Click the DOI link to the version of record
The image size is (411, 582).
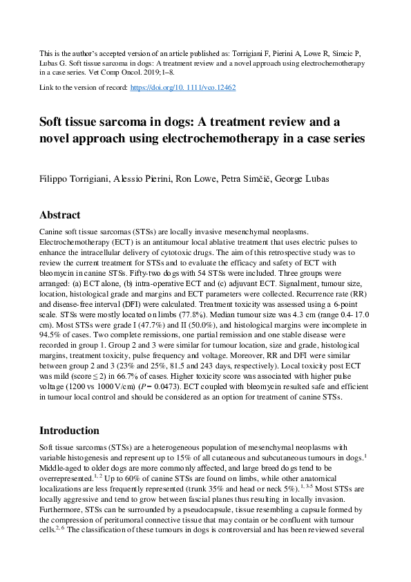tap(182, 89)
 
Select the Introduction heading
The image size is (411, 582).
tap(69, 431)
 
